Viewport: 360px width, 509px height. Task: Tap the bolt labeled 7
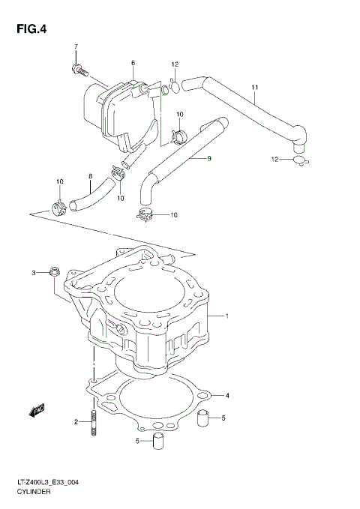pyautogui.click(x=76, y=70)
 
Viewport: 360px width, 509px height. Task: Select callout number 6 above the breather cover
pyautogui.click(x=133, y=63)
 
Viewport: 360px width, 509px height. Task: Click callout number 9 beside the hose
pyautogui.click(x=209, y=158)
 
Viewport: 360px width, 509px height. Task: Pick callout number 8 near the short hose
pyautogui.click(x=91, y=178)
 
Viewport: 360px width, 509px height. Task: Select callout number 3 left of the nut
pyautogui.click(x=33, y=273)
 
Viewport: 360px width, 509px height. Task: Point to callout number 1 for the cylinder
pyautogui.click(x=226, y=316)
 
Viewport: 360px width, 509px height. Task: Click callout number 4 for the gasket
pyautogui.click(x=227, y=395)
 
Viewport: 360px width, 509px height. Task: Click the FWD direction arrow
pyautogui.click(x=35, y=409)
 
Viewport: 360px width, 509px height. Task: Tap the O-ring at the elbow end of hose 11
pyautogui.click(x=298, y=159)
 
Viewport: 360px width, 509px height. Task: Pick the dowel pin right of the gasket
pyautogui.click(x=202, y=418)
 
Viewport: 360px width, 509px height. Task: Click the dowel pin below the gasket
pyautogui.click(x=158, y=441)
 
